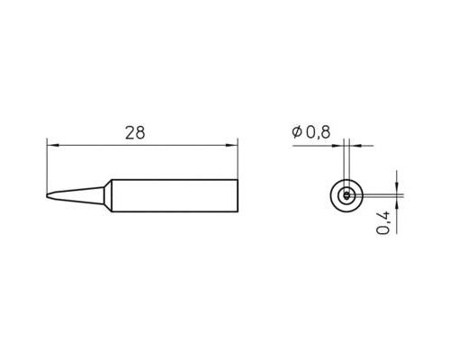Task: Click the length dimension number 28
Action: [135, 132]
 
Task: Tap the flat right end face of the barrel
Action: [238, 196]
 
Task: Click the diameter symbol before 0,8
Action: [296, 132]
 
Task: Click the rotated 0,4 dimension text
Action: [384, 221]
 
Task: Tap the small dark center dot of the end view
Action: [346, 195]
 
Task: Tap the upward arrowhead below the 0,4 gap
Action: [395, 202]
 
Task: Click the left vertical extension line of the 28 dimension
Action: [47, 162]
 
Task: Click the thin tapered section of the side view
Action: [76, 193]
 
